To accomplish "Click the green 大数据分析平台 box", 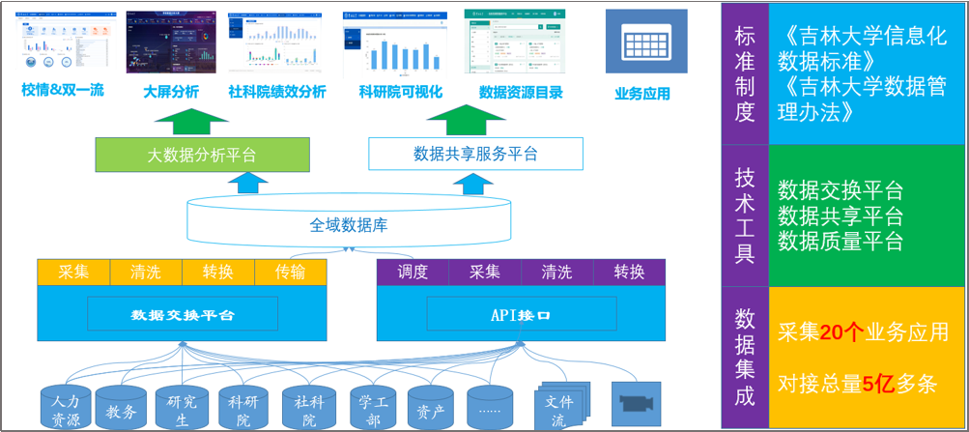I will click(x=202, y=155).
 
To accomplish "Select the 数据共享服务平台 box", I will click(x=475, y=154).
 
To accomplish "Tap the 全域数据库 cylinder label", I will click(x=349, y=225).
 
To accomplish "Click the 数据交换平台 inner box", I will click(x=183, y=314).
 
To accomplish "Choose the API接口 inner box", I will click(x=521, y=314).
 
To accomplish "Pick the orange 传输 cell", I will click(x=290, y=273).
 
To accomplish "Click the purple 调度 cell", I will click(x=412, y=273).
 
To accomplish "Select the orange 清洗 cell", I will click(x=146, y=273).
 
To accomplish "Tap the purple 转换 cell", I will click(x=629, y=273).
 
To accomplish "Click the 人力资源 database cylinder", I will click(x=66, y=408).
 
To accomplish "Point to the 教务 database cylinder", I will click(x=122, y=409).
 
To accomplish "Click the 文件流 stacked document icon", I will click(x=559, y=407).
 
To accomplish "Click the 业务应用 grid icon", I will click(x=645, y=42).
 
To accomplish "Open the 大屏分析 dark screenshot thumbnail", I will click(x=171, y=43).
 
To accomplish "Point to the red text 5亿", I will click(x=877, y=384).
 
